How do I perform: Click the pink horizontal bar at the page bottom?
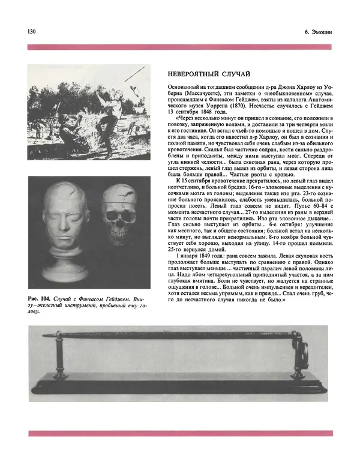[x=179, y=433]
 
